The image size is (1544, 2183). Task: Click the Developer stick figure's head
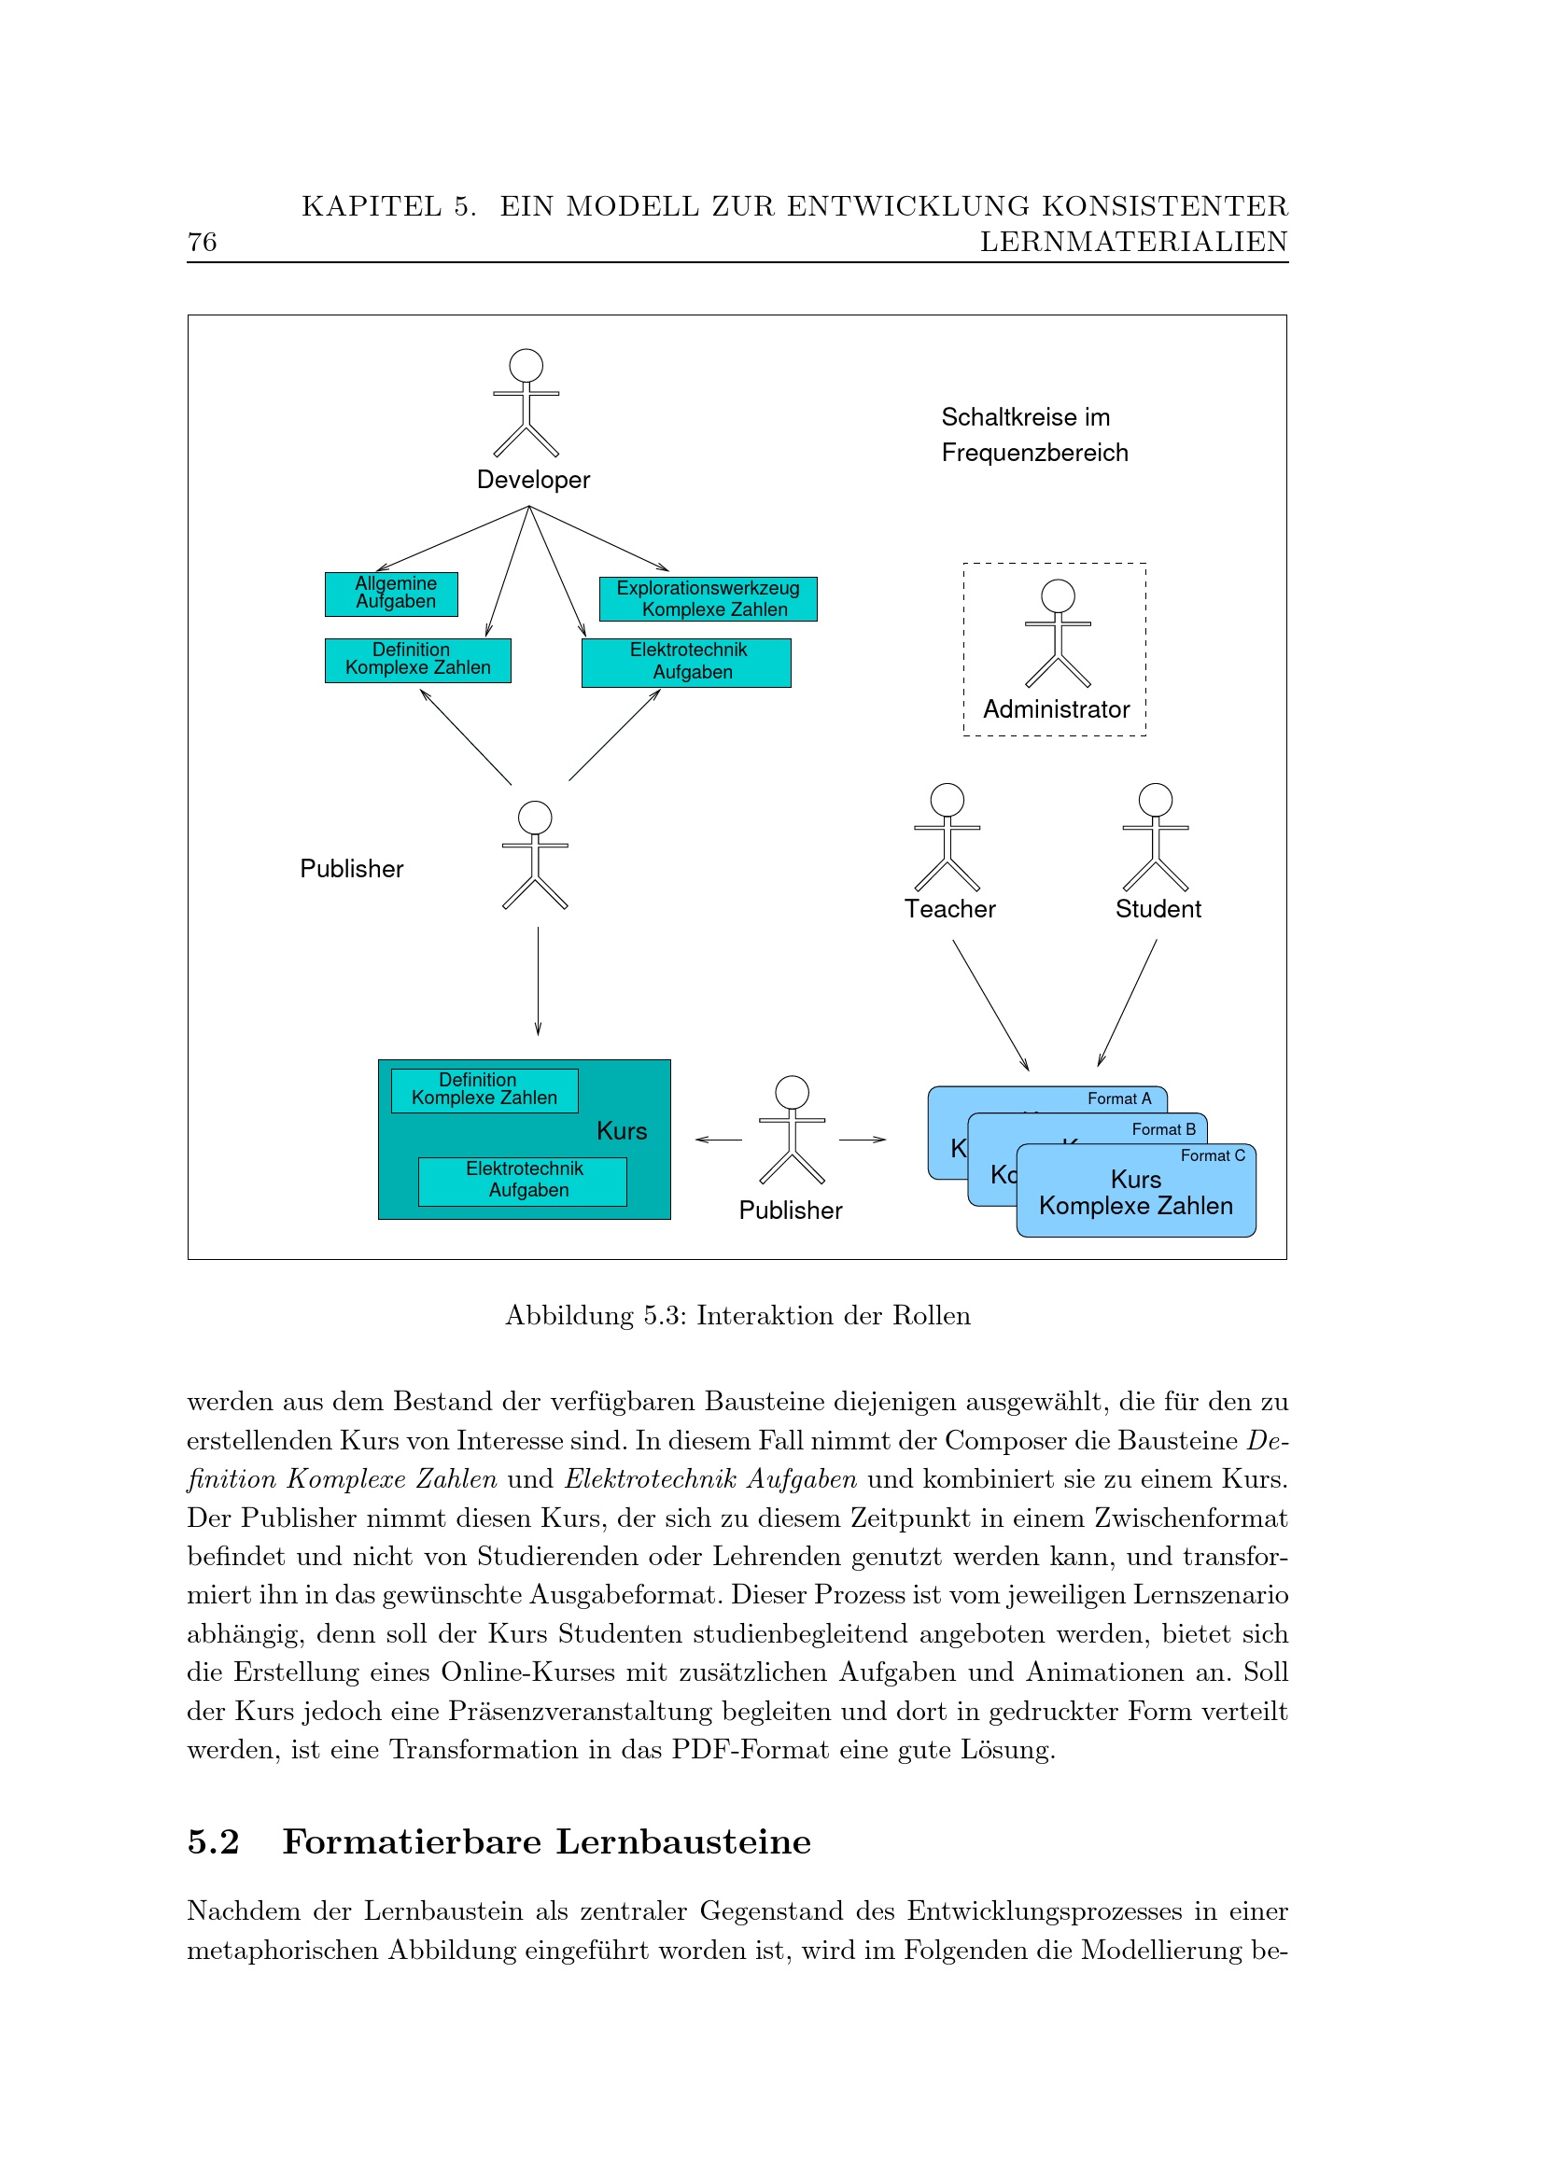point(526,365)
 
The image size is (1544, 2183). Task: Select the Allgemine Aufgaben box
point(391,594)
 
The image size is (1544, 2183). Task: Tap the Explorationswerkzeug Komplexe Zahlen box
point(708,599)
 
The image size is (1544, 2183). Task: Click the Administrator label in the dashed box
point(1056,709)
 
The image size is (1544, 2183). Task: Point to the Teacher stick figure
point(947,836)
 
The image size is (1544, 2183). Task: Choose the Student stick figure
point(1155,836)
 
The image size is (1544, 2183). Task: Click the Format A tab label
point(1119,1099)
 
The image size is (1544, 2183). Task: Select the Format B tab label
point(1163,1129)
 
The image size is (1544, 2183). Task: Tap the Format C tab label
point(1213,1156)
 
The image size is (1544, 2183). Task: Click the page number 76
point(203,243)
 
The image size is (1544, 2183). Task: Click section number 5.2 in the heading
point(213,1841)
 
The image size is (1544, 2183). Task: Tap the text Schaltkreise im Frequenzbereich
point(1033,435)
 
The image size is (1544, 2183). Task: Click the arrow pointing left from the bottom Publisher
point(719,1139)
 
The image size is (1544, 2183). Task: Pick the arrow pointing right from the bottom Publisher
point(863,1139)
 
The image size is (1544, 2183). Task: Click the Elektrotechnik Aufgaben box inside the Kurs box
point(522,1181)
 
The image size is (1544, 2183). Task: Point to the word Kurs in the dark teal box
point(622,1131)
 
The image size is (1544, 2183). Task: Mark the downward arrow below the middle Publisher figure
point(538,981)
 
